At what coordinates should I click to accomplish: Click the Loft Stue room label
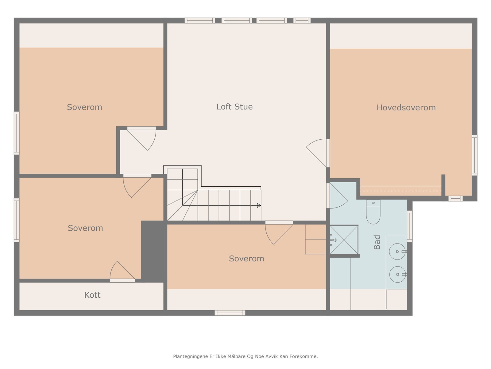tap(234, 107)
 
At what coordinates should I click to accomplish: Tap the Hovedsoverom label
tap(406, 108)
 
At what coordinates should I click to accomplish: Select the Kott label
tap(92, 295)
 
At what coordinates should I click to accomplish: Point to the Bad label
tap(377, 242)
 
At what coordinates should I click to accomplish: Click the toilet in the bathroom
tap(373, 212)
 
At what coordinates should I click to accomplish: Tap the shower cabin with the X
tap(344, 240)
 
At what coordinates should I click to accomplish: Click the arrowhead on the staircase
tap(259, 205)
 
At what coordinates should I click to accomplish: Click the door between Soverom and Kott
tap(122, 272)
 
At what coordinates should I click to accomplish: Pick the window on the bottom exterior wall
tap(230, 313)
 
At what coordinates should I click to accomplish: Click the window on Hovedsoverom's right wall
tap(474, 155)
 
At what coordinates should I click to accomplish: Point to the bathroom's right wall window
tap(410, 226)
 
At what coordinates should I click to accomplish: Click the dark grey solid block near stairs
tap(154, 251)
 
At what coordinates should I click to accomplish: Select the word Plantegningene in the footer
tap(190, 356)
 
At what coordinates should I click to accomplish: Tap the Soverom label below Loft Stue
tap(246, 259)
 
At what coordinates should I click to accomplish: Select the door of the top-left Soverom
tap(141, 138)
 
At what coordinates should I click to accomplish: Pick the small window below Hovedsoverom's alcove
tap(455, 199)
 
